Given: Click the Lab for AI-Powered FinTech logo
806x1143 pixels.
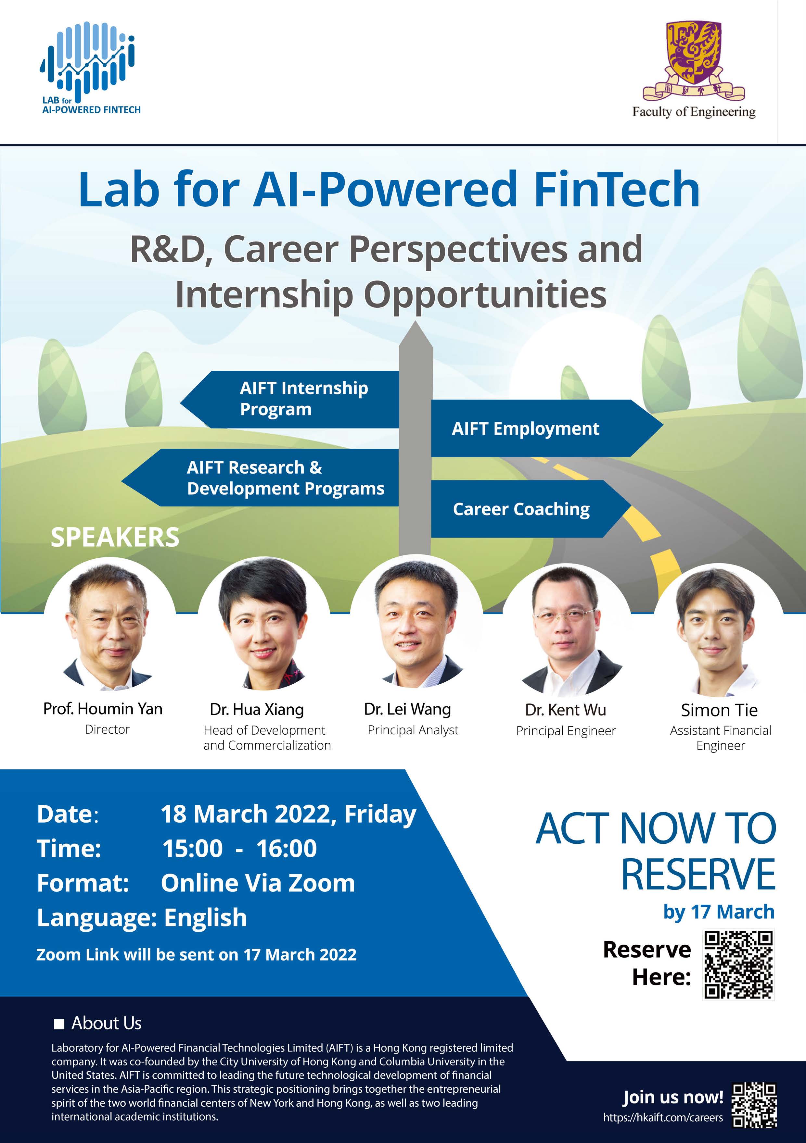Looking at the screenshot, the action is pyautogui.click(x=90, y=68).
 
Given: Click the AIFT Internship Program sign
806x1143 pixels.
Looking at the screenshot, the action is pyautogui.click(x=290, y=399).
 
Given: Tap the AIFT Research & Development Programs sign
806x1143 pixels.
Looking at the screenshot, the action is pyautogui.click(x=260, y=478).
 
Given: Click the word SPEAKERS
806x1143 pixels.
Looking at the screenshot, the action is pyautogui.click(x=115, y=537).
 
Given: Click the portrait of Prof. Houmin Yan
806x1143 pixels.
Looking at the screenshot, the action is pyautogui.click(x=108, y=625).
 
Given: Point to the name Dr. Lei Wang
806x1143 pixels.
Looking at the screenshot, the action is pyautogui.click(x=407, y=709).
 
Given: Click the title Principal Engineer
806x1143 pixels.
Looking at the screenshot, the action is pyautogui.click(x=566, y=731).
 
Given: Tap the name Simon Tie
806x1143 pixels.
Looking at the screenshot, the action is pyautogui.click(x=719, y=710).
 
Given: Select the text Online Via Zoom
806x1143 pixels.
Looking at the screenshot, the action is pyautogui.click(x=258, y=883).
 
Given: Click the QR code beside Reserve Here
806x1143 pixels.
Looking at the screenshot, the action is pyautogui.click(x=738, y=965).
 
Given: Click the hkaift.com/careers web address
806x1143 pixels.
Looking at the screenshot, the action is pyautogui.click(x=662, y=1118).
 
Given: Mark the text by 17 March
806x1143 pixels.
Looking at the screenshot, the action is pyautogui.click(x=719, y=912).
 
